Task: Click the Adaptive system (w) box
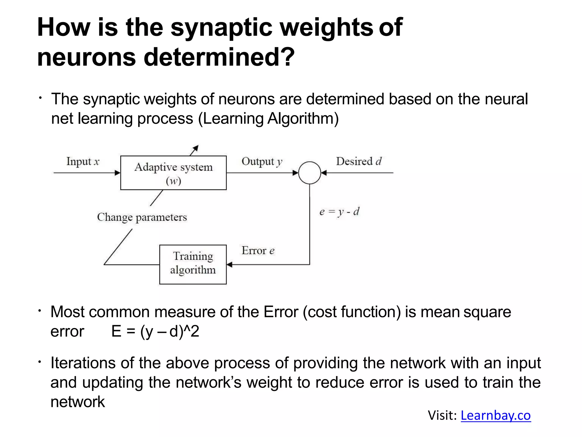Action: point(173,173)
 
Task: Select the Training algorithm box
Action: point(193,264)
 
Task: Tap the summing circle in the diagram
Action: point(309,173)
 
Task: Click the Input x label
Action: point(83,161)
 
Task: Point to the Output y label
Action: point(262,161)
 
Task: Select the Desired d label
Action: point(359,161)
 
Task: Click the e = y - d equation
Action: point(339,212)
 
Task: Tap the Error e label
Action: point(258,251)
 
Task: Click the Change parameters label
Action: point(142,217)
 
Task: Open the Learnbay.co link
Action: point(496,415)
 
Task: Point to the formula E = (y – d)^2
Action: point(155,331)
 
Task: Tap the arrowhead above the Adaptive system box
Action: point(196,148)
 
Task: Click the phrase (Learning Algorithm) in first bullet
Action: point(268,118)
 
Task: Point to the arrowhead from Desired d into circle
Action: point(324,173)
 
